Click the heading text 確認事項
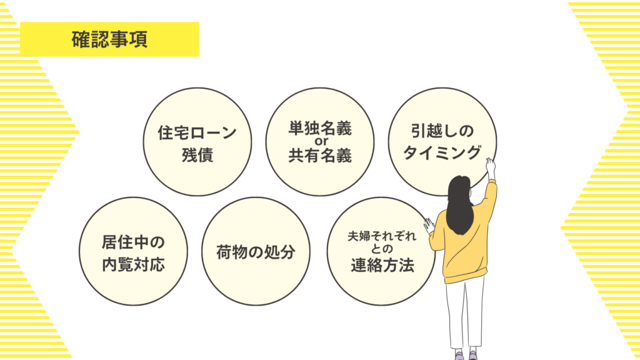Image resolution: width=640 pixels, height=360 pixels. pos(109,39)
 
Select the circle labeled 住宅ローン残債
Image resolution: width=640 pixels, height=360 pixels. pos(197,142)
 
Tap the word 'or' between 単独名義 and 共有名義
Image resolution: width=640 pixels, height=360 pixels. pos(321,142)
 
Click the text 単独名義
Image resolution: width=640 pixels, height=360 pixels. pos(320,128)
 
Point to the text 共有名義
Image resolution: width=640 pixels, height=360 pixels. pos(320,156)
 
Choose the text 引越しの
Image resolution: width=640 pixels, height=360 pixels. pos(442,131)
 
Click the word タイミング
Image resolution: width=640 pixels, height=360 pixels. pos(442,152)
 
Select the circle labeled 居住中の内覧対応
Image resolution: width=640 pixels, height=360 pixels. pos(134,251)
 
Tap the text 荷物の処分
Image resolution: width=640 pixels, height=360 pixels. pos(256,252)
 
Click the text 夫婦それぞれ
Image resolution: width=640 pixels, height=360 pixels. pos(382,236)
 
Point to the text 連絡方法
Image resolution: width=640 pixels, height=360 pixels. pos(382,265)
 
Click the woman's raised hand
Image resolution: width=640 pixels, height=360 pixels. pos(491,165)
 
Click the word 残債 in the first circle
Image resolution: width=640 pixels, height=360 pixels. pos(197,155)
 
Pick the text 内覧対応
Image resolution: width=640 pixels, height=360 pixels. pos(134,264)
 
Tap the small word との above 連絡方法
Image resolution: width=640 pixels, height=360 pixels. pos(382,249)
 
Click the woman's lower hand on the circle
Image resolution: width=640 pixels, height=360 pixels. pos(429,225)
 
